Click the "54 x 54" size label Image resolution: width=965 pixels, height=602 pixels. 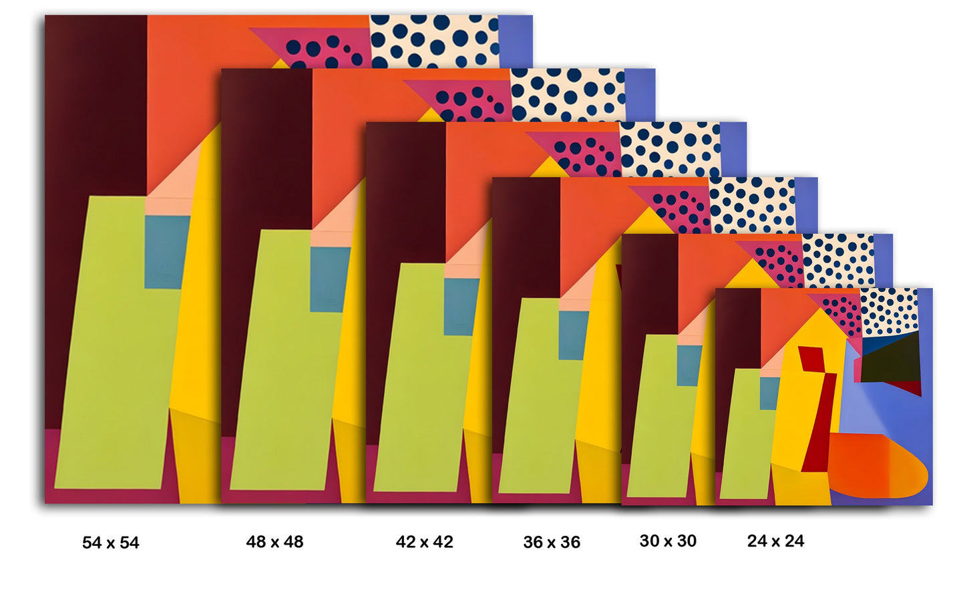point(111,543)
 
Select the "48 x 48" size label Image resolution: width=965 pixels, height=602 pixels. point(274,542)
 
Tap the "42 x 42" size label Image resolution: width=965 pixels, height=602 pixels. point(425,542)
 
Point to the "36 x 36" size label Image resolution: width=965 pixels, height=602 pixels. point(552,543)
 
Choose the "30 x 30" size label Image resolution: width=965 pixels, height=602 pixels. point(668,541)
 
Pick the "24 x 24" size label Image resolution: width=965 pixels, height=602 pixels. point(775,541)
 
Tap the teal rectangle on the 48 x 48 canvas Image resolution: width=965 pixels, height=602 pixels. point(329,279)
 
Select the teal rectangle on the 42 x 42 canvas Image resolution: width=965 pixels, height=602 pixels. point(460,307)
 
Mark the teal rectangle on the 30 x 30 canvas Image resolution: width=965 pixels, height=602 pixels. point(689,365)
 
